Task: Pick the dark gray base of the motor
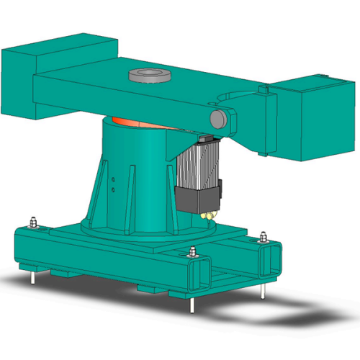point(198,199)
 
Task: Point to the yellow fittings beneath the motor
point(209,215)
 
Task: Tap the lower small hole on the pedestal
point(113,190)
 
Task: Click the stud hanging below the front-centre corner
point(193,302)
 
